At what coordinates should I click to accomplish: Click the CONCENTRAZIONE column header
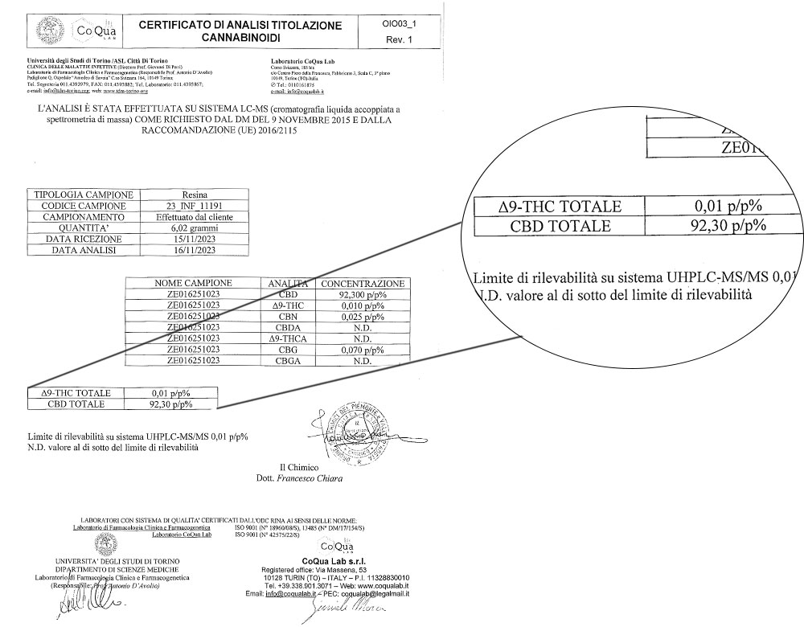(x=362, y=284)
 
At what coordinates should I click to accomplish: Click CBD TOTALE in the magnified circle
(x=560, y=226)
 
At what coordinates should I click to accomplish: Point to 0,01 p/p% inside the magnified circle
(x=727, y=206)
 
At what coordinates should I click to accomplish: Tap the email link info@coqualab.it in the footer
(x=290, y=593)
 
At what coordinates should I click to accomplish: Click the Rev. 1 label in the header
(x=400, y=39)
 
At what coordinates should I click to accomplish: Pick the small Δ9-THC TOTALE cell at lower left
(x=68, y=393)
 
